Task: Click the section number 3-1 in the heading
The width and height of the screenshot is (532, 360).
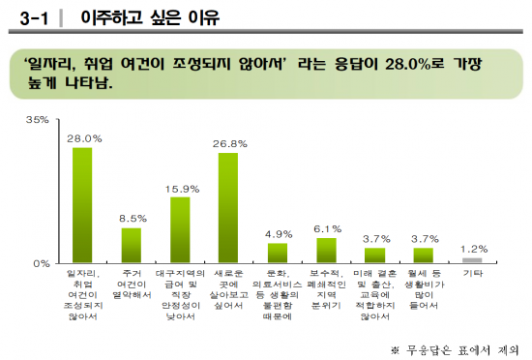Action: [33, 16]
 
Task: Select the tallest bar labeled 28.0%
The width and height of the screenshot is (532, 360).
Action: [83, 204]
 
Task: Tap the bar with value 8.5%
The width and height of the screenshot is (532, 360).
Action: [132, 245]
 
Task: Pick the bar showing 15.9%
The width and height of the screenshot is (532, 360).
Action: [180, 229]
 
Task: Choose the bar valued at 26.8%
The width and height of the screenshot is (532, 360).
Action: [228, 207]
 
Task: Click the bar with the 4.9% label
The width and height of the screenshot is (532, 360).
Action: [278, 253]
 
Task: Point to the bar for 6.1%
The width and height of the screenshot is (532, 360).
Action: [326, 250]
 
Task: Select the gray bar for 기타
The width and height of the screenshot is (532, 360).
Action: [472, 259]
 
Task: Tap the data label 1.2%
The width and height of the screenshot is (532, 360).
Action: [472, 249]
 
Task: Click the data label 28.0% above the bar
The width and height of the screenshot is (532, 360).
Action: [83, 138]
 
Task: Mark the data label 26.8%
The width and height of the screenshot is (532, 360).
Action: [228, 142]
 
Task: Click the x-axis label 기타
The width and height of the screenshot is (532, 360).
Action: [472, 274]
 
